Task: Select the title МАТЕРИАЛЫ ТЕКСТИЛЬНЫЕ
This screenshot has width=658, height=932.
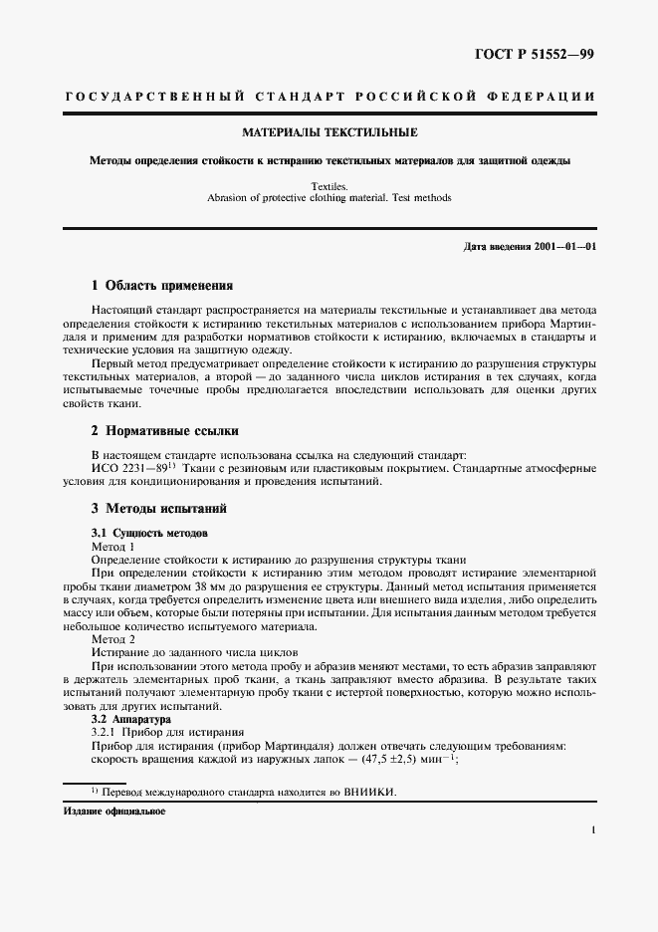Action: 329,132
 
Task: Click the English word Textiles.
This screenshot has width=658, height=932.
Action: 329,186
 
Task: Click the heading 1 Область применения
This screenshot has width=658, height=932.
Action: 161,285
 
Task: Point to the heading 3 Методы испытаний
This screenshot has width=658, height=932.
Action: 159,509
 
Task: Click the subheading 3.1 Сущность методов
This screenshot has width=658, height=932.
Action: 150,534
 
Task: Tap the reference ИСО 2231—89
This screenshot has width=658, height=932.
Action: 125,469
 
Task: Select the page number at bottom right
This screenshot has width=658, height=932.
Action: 593,828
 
